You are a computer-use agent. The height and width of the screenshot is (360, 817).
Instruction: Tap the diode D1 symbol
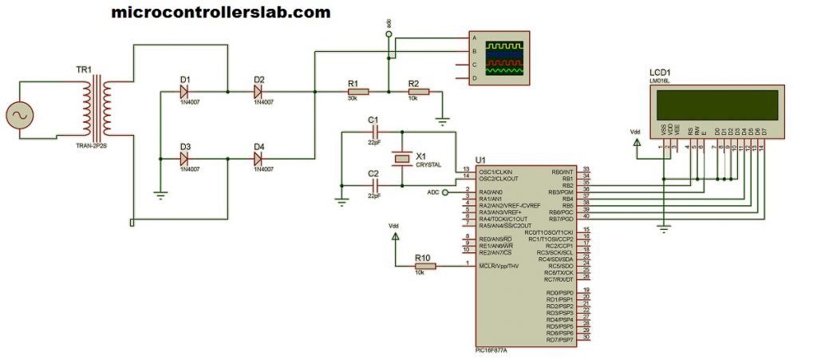(x=185, y=92)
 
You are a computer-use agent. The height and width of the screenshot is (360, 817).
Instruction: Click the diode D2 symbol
(x=259, y=92)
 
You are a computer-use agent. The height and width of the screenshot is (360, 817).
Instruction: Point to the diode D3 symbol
(x=185, y=159)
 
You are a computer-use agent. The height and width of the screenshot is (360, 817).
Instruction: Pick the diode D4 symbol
(x=259, y=159)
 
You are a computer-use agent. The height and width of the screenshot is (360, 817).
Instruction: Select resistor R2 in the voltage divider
(x=413, y=92)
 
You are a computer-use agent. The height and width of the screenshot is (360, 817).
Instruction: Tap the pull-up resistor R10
(x=424, y=266)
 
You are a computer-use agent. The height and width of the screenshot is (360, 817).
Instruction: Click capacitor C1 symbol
(x=373, y=133)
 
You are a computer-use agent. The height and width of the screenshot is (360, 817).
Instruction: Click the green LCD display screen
(x=716, y=104)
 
